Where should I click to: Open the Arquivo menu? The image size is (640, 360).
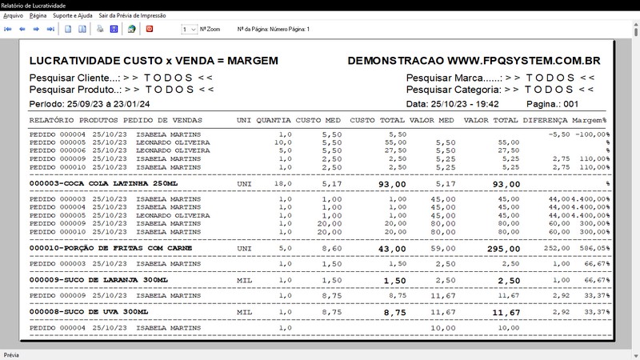pyautogui.click(x=14, y=15)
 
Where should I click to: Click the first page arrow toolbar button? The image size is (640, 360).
pyautogui.click(x=8, y=29)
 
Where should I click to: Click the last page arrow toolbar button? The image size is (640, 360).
pyautogui.click(x=50, y=29)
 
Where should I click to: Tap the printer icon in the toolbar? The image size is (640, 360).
pyautogui.click(x=100, y=29)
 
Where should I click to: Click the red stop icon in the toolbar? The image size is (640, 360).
pyautogui.click(x=149, y=29)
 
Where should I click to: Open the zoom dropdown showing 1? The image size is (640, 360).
pyautogui.click(x=189, y=29)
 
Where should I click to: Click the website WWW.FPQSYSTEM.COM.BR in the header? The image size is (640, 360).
pyautogui.click(x=524, y=61)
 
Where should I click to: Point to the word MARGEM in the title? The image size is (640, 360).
pyautogui.click(x=253, y=61)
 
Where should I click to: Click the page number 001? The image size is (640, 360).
pyautogui.click(x=571, y=104)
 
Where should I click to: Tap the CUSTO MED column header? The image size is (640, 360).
pyautogui.click(x=318, y=120)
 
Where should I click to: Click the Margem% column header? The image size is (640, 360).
pyautogui.click(x=589, y=120)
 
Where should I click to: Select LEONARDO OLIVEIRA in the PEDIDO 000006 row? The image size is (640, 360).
pyautogui.click(x=173, y=150)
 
